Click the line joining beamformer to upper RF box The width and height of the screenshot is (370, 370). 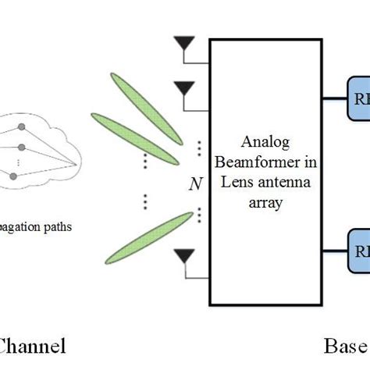333,99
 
